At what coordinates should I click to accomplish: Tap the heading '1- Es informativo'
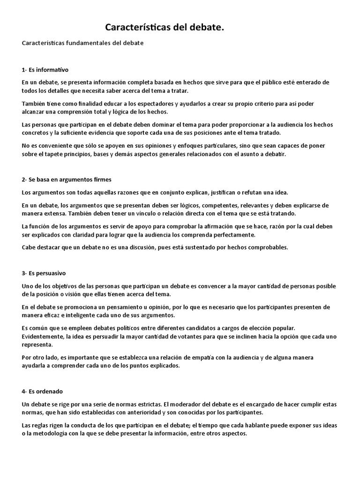45,70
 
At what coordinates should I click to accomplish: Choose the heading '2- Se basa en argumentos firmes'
66,180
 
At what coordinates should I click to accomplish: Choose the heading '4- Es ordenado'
42,391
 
